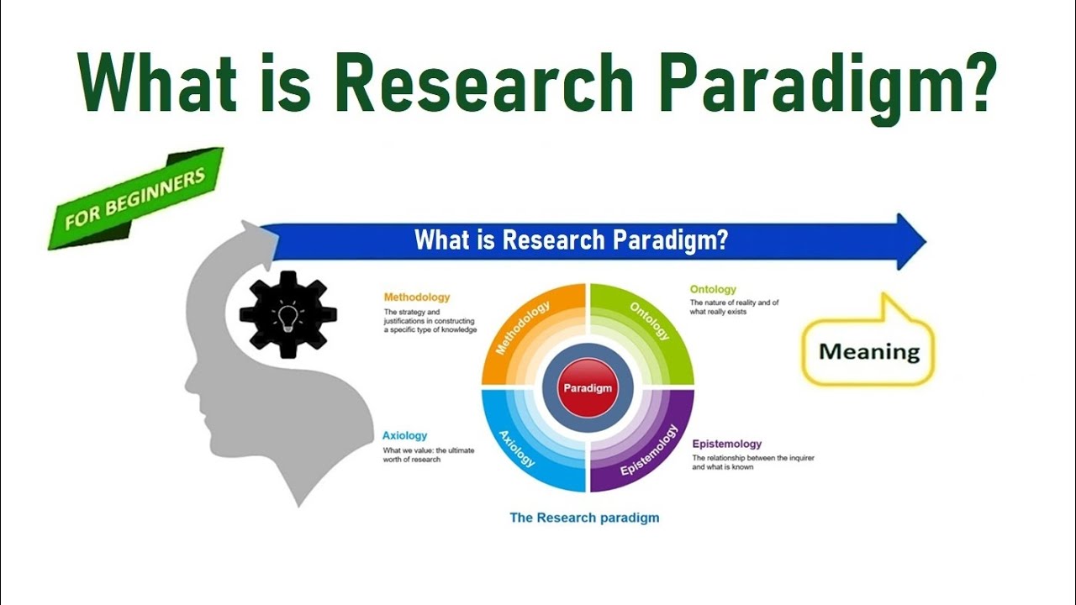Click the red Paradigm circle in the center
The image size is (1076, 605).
tap(588, 388)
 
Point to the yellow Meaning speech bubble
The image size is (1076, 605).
tap(868, 351)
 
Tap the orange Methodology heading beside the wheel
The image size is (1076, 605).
tap(416, 297)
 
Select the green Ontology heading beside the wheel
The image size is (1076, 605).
tap(713, 289)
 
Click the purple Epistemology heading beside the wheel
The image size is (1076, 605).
tap(726, 444)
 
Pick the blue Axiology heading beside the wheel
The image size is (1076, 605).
tap(404, 435)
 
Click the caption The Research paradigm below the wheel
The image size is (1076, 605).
tap(584, 518)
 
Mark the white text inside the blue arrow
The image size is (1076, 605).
tap(571, 240)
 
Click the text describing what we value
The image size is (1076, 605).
tap(428, 455)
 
